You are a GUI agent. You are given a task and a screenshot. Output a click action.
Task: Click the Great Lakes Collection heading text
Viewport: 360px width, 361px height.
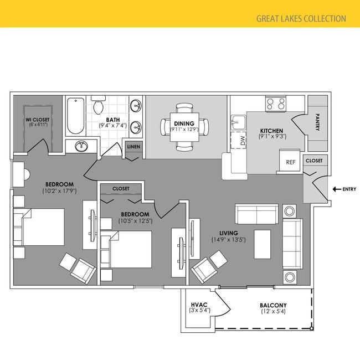pyautogui.click(x=301, y=18)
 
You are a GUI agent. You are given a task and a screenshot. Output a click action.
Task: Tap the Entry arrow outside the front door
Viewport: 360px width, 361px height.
pyautogui.click(x=337, y=189)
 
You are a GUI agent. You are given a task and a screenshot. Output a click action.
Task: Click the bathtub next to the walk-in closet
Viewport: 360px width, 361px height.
pyautogui.click(x=75, y=116)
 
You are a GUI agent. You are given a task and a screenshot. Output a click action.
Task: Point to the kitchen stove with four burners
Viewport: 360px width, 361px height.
pyautogui.click(x=276, y=104)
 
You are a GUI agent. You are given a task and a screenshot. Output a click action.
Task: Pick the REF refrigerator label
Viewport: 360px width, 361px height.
pyautogui.click(x=291, y=162)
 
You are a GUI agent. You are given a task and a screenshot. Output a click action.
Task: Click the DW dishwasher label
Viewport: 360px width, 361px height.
pyautogui.click(x=243, y=140)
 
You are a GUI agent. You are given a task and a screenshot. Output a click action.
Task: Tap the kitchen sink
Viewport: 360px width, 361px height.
pyautogui.click(x=238, y=122)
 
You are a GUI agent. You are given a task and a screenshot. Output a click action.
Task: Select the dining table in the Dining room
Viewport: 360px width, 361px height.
pyautogui.click(x=184, y=127)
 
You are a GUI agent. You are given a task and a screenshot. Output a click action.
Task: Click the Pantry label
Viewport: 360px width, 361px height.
pyautogui.click(x=317, y=122)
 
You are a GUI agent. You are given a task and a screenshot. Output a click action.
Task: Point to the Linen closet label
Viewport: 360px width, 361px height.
pyautogui.click(x=133, y=147)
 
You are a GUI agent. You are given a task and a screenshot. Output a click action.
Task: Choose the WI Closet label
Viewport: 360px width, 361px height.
pyautogui.click(x=37, y=120)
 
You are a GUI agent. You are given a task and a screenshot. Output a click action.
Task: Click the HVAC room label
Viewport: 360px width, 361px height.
pyautogui.click(x=199, y=305)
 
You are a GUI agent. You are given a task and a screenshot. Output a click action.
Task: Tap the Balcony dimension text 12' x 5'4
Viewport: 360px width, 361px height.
pyautogui.click(x=273, y=311)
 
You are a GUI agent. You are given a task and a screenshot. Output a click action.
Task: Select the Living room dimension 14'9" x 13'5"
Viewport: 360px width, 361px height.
pyautogui.click(x=229, y=240)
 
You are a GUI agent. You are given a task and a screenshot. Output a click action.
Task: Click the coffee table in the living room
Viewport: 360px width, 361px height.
pyautogui.click(x=263, y=244)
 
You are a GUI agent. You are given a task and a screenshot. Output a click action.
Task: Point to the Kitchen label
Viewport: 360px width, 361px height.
pyautogui.click(x=271, y=131)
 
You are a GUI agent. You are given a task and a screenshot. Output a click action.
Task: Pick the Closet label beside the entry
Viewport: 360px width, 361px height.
pyautogui.click(x=314, y=161)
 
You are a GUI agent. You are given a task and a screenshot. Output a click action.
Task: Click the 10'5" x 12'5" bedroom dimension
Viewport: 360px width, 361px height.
pyautogui.click(x=136, y=221)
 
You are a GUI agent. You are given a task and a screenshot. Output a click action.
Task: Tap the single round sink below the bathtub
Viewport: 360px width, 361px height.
pyautogui.click(x=81, y=146)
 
